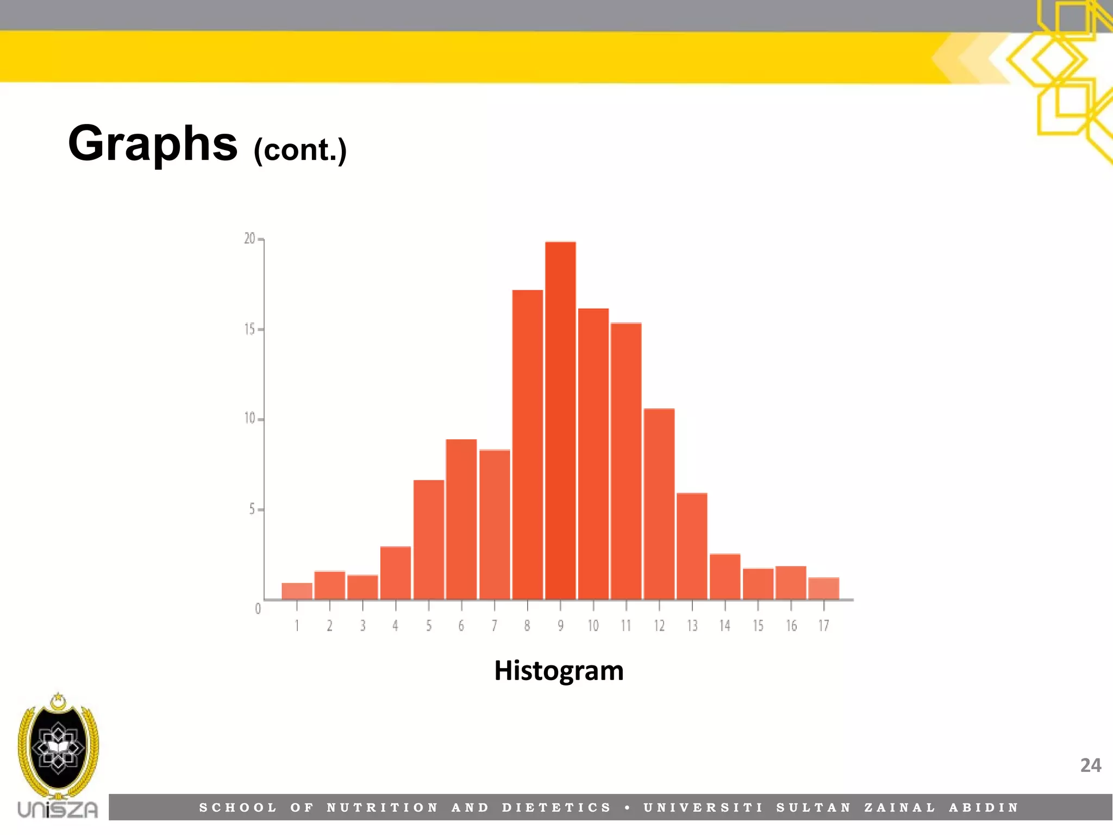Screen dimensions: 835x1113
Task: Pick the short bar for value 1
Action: pos(297,591)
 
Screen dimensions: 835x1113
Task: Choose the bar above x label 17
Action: pos(824,588)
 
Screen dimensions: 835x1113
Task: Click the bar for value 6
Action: pos(461,519)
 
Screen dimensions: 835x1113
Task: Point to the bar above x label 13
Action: pos(692,546)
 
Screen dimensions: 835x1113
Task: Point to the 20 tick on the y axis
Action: pos(250,239)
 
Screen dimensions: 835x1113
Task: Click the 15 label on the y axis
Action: pos(249,329)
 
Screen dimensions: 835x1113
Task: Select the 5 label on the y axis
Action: pos(252,509)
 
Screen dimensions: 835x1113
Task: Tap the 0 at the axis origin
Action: pos(258,609)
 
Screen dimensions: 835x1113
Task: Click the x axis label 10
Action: pos(593,626)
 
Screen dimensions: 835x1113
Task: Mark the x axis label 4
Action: pos(395,626)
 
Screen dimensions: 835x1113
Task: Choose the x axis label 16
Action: pos(791,626)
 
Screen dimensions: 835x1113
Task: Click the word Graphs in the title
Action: pos(153,144)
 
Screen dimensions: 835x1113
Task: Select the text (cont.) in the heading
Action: pos(300,150)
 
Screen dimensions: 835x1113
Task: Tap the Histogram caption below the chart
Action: pos(559,671)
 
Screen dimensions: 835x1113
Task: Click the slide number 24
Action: pos(1090,765)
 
